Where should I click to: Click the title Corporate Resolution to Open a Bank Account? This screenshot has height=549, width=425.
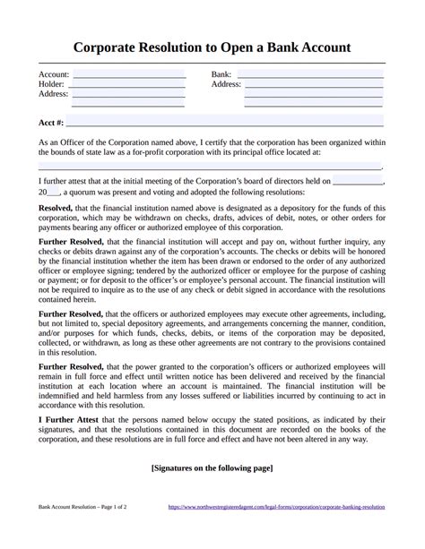212,46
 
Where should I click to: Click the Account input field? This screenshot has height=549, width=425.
128,73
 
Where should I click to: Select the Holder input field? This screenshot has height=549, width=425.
128,83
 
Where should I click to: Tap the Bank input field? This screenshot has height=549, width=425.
310,73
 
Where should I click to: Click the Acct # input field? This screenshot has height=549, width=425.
225,120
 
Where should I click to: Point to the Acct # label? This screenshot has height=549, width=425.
50,121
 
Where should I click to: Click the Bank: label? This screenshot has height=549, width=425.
221,73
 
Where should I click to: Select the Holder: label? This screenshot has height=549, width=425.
52,84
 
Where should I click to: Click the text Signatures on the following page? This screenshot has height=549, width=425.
212,468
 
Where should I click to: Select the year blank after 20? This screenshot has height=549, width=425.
54,192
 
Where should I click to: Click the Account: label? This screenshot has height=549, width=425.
54,73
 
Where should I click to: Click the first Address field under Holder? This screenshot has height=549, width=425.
128,93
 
